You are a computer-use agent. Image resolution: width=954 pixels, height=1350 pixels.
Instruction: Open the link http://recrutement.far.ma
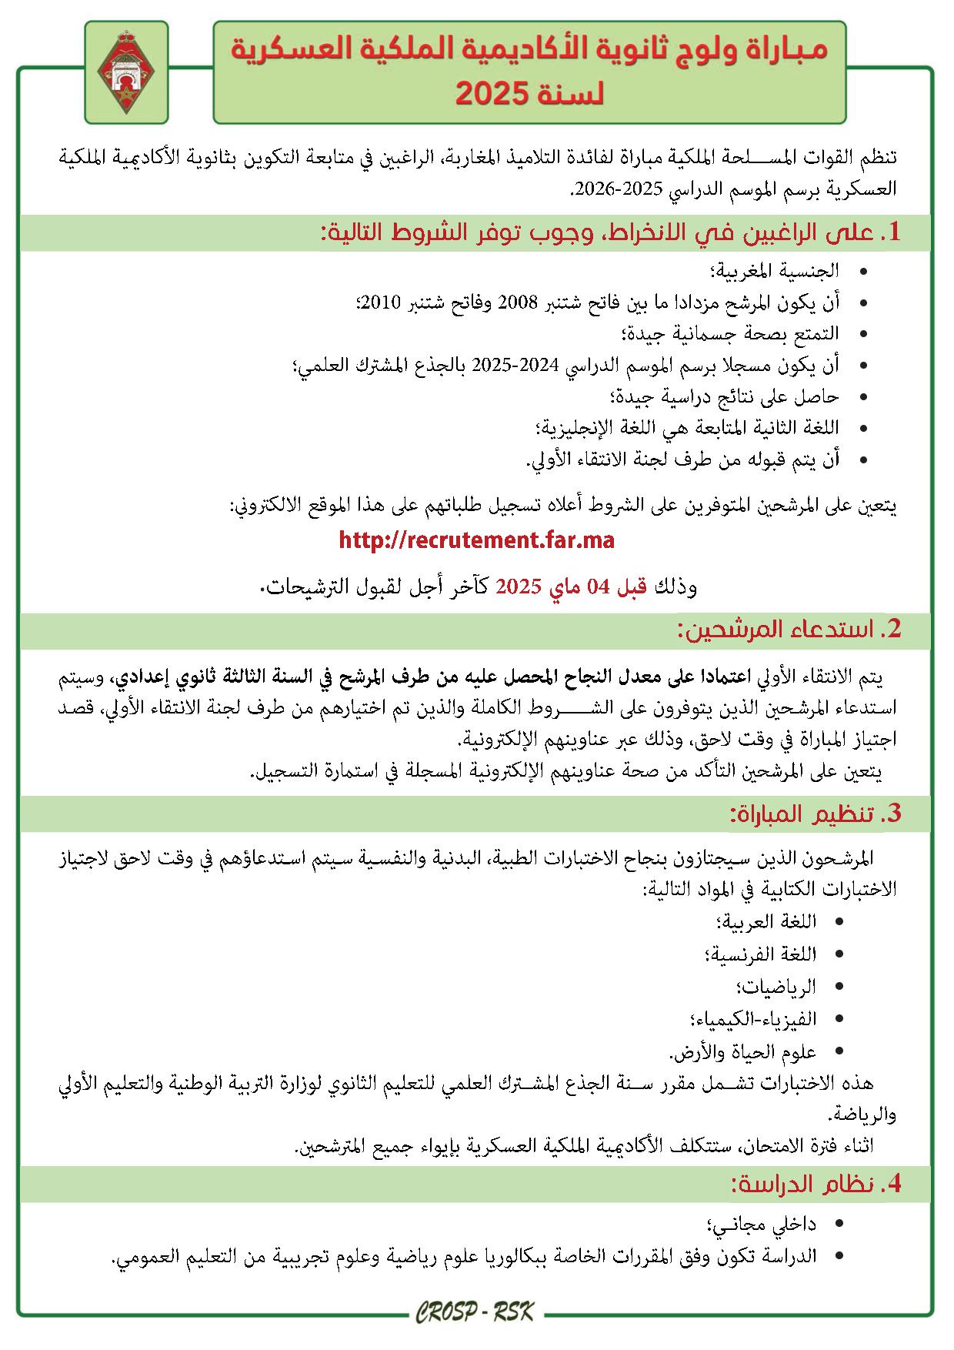coord(476,540)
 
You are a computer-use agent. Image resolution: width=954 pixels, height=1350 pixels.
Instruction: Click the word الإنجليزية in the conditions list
coord(574,428)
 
